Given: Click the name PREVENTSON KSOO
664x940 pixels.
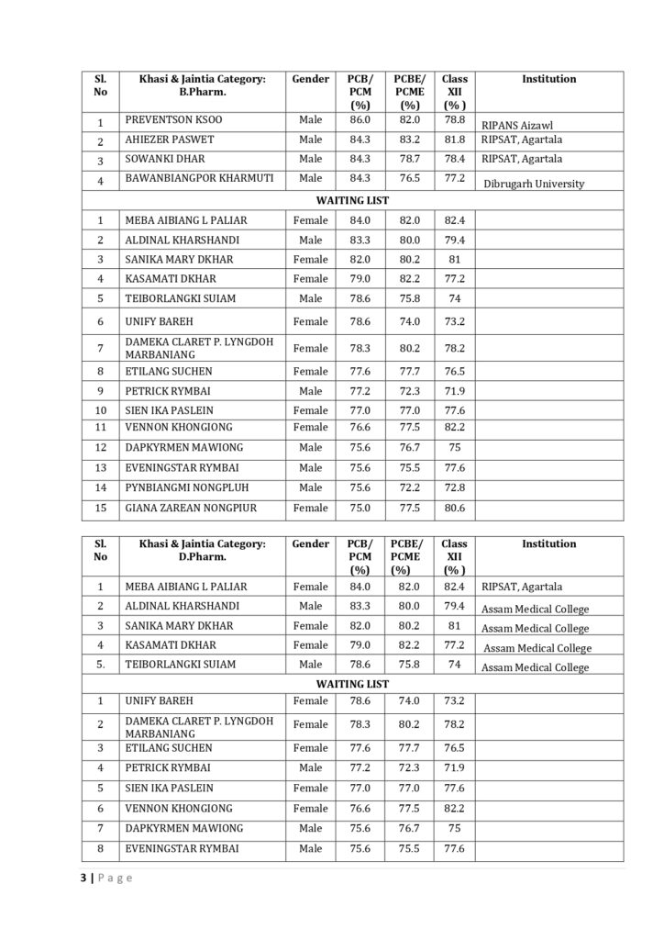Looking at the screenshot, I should pyautogui.click(x=173, y=120).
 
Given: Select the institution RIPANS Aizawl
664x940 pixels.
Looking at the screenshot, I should pyautogui.click(x=517, y=126).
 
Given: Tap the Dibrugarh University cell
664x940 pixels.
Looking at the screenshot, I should pyautogui.click(x=534, y=184).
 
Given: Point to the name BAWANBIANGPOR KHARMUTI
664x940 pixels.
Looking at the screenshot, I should pyautogui.click(x=199, y=177).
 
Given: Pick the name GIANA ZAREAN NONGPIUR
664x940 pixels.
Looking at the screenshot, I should pyautogui.click(x=191, y=508).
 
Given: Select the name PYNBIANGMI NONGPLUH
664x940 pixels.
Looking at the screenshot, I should pyautogui.click(x=186, y=487).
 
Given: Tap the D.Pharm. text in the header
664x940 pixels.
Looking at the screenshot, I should pyautogui.click(x=203, y=557).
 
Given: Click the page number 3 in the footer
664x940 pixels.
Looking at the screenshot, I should pyautogui.click(x=83, y=878).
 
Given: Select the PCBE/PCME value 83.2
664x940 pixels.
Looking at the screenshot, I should pyautogui.click(x=409, y=140).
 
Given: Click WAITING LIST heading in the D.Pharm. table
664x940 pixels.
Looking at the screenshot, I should pyautogui.click(x=352, y=684).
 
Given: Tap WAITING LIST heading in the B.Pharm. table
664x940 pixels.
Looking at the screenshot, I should pyautogui.click(x=352, y=199).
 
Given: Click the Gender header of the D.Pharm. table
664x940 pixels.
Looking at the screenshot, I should pyautogui.click(x=311, y=543).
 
